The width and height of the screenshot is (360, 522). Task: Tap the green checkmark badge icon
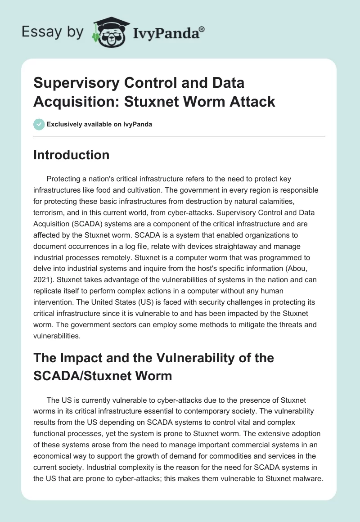click(39, 124)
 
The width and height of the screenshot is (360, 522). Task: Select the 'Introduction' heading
click(71, 155)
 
